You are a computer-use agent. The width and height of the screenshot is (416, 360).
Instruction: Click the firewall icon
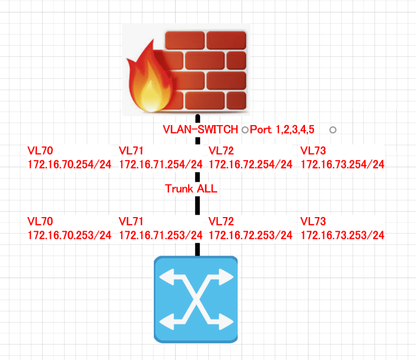(x=186, y=69)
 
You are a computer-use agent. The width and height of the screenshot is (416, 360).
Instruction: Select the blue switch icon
(x=195, y=299)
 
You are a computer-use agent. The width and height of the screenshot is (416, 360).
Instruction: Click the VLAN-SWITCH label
(x=201, y=129)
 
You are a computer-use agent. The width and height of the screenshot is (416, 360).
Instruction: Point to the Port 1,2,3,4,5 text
(x=282, y=129)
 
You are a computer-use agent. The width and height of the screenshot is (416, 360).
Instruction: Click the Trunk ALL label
(x=191, y=189)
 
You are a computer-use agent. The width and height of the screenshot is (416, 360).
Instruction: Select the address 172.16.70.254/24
(x=69, y=164)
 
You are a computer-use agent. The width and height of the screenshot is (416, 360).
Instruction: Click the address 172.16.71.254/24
(x=161, y=164)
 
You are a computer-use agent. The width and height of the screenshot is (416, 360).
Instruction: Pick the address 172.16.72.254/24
(x=250, y=164)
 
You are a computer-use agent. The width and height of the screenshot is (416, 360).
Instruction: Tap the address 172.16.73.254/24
(x=343, y=164)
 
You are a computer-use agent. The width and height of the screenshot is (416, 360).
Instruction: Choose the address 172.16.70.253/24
(x=69, y=235)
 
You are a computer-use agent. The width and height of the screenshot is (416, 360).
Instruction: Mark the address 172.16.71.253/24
(x=161, y=235)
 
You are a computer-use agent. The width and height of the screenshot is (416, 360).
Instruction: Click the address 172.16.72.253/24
(x=250, y=235)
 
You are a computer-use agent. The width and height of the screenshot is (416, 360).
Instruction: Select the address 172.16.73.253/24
(x=343, y=235)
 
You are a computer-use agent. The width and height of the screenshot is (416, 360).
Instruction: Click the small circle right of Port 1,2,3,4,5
(x=332, y=129)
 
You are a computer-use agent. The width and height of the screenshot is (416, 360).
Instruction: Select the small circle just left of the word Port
(x=244, y=129)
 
